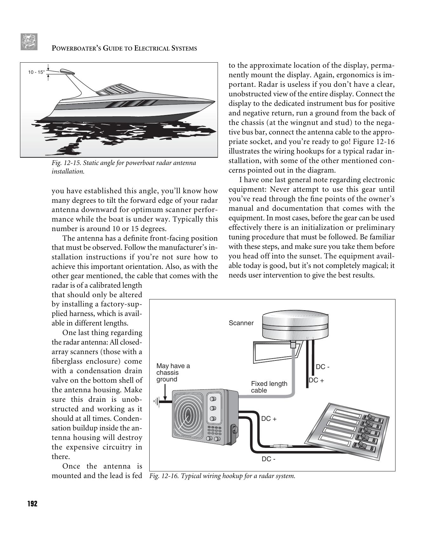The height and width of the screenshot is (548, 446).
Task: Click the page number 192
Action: [32, 504]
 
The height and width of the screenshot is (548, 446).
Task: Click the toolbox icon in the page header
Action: [29, 42]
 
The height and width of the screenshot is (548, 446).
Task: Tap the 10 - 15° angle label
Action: [36, 72]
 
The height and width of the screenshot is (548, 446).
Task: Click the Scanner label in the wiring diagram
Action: [241, 323]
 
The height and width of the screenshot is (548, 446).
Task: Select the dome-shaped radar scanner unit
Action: [295, 325]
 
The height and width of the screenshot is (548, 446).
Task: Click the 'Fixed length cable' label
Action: [269, 387]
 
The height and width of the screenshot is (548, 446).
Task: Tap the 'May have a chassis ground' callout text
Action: [173, 373]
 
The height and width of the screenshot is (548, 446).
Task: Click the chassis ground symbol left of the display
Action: [157, 402]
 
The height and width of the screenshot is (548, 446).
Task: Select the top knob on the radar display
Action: [213, 399]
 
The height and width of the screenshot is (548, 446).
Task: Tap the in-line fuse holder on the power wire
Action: [278, 446]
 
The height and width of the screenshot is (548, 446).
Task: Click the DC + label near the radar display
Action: [269, 419]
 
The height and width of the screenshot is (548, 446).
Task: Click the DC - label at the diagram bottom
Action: [268, 459]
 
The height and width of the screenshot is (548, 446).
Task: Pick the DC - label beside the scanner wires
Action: [322, 367]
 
